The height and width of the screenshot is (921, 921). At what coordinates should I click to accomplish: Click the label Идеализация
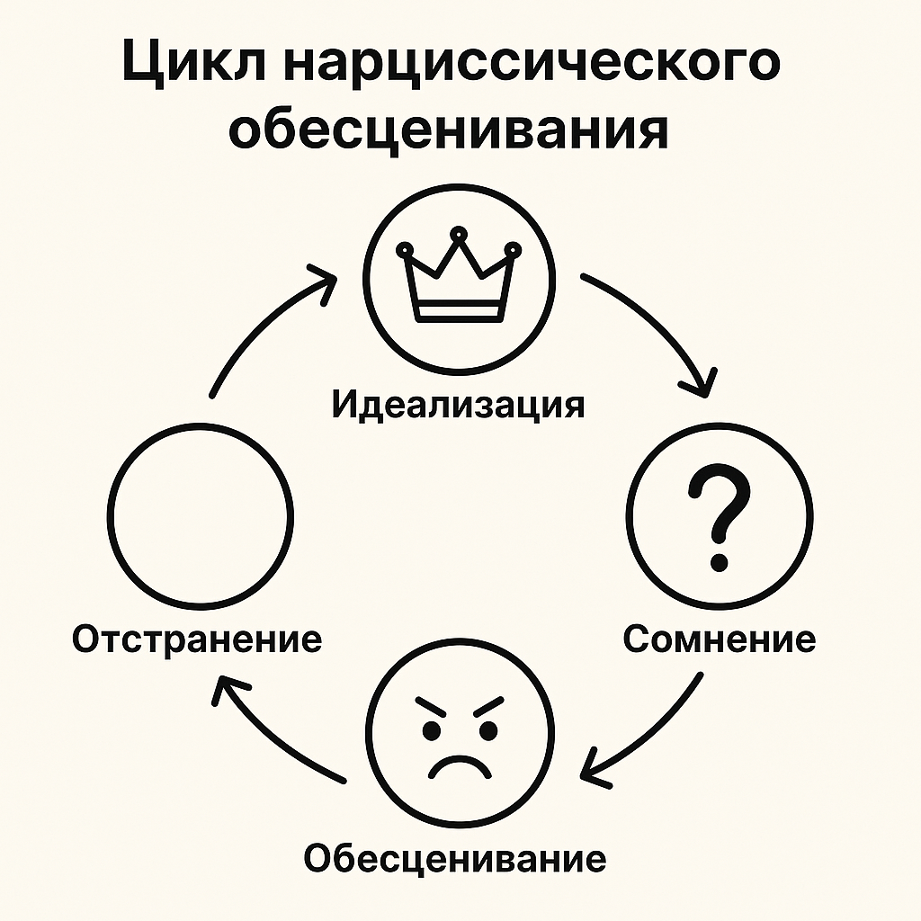[x=458, y=405]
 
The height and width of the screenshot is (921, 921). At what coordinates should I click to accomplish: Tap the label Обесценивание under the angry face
[x=455, y=858]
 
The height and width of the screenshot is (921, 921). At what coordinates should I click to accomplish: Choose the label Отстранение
[x=197, y=639]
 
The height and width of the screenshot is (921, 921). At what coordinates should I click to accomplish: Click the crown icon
[x=459, y=275]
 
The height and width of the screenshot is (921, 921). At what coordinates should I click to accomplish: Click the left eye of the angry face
[x=432, y=730]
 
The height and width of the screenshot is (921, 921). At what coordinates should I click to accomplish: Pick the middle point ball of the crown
[x=459, y=235]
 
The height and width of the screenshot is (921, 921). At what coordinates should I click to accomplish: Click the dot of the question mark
[x=719, y=562]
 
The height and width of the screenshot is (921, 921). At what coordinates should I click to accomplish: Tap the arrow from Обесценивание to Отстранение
[x=268, y=738]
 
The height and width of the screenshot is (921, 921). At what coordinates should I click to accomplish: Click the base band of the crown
[x=460, y=311]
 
